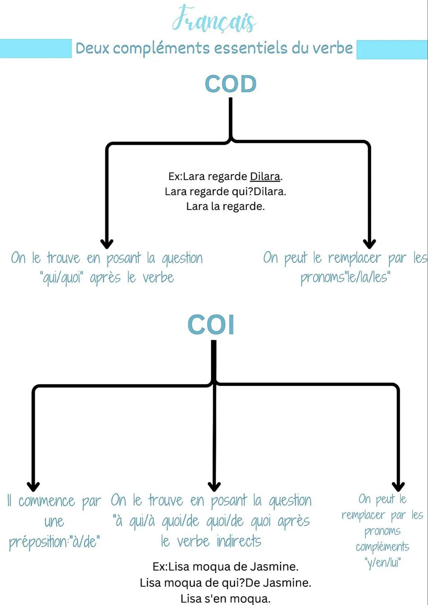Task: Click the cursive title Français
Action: point(214,20)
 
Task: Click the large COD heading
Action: point(231,84)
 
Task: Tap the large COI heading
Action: point(211,324)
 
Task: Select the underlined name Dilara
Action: point(265,176)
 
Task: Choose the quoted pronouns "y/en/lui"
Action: point(382,562)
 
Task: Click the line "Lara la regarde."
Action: point(225,206)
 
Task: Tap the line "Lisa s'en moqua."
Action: point(225,598)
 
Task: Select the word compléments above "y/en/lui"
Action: point(382,547)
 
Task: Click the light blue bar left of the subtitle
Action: point(36,48)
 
